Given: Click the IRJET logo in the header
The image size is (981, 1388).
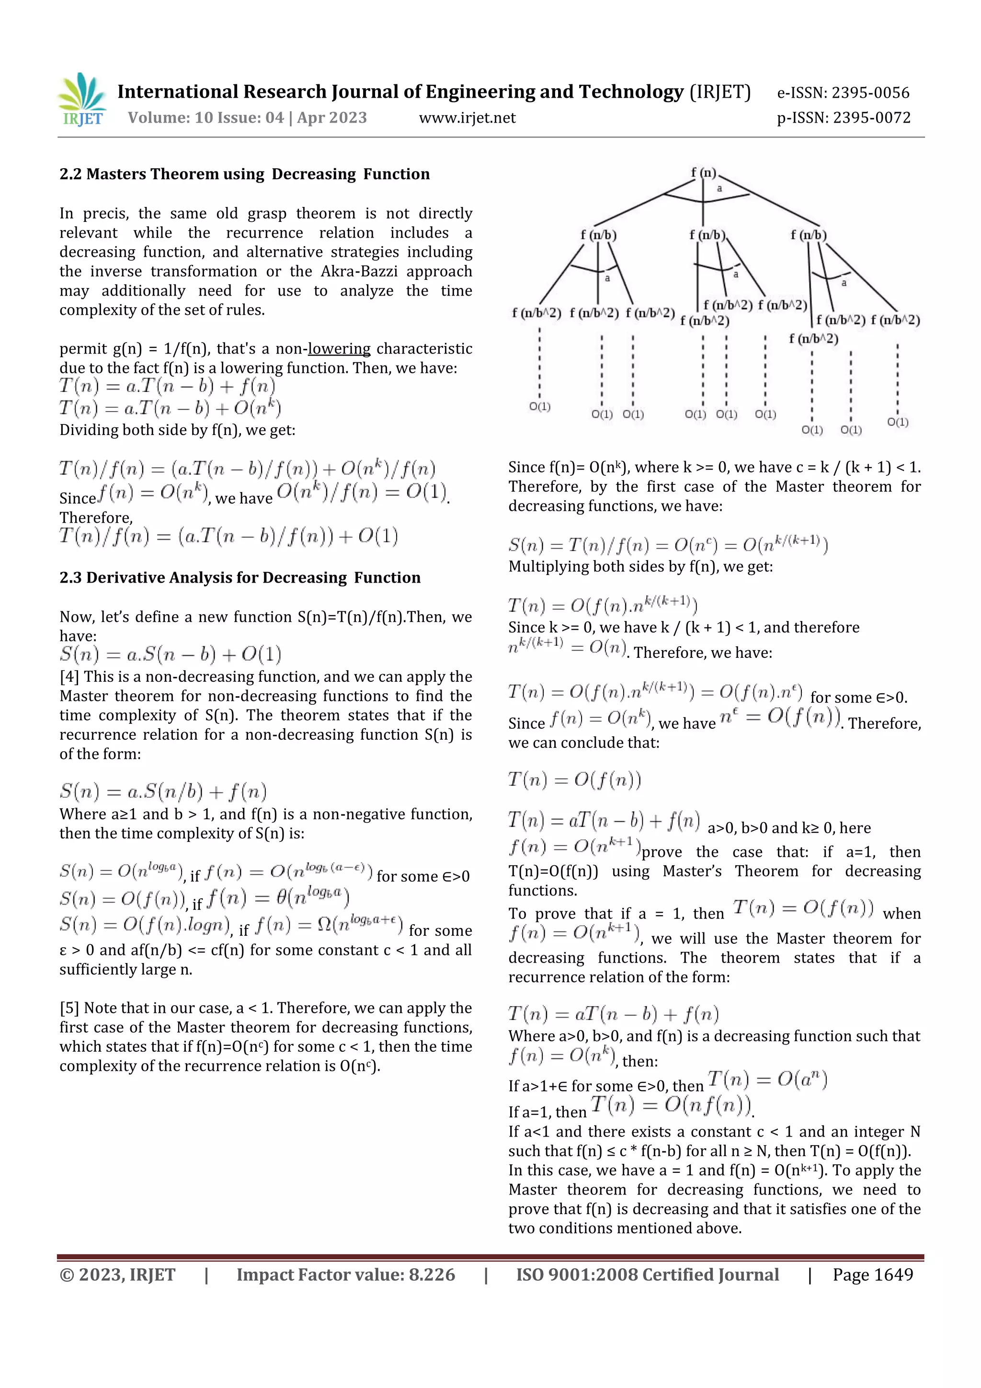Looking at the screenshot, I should point(83,100).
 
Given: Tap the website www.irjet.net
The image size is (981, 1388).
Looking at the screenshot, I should point(467,118).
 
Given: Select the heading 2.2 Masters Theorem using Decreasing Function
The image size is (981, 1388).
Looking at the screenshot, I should point(244,174).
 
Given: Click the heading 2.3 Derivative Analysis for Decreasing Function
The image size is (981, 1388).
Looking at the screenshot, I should point(240,577).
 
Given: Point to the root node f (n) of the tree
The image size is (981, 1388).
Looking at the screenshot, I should point(704,173).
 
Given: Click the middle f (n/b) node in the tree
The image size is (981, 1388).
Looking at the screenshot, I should point(707,235).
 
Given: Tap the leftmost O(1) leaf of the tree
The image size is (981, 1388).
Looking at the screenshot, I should point(540,406).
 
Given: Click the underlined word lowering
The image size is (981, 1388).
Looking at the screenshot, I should point(339,349).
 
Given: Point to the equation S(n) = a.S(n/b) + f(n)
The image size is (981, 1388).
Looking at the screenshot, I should point(163,792).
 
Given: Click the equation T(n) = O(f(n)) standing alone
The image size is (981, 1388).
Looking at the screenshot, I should point(574,780).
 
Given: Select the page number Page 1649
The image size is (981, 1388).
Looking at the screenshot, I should point(872,1275).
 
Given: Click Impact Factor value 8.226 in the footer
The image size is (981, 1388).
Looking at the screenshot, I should point(346,1275).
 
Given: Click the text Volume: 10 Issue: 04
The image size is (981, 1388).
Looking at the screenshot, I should point(205,118).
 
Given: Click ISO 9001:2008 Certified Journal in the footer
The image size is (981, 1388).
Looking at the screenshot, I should point(647,1275).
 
